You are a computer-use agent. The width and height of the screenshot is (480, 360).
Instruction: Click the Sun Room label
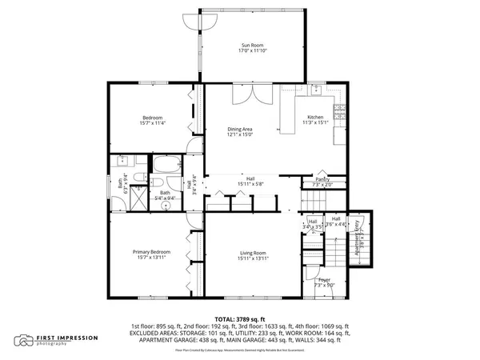coord(250,45)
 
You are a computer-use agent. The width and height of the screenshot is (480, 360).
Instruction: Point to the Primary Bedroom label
coord(150,251)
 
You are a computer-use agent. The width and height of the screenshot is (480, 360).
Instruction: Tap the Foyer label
coord(324,279)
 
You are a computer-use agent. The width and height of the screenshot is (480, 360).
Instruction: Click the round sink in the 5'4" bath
coord(166,206)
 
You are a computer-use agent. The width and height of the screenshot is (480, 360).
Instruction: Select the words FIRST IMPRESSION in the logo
coord(67,338)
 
